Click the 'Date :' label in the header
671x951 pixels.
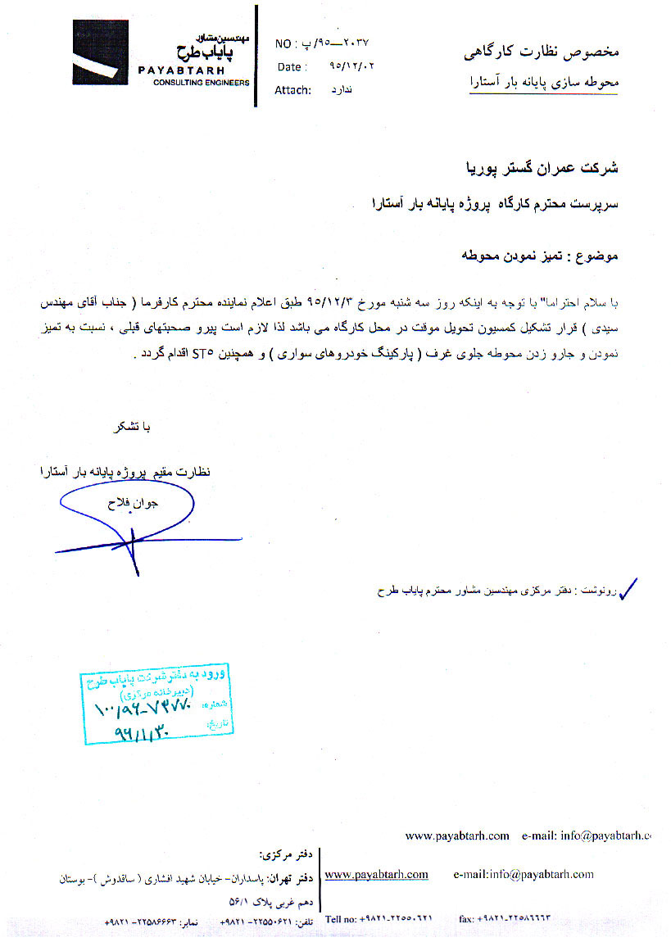[x=292, y=67]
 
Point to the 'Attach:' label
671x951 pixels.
[x=292, y=90]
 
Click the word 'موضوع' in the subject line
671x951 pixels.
[x=601, y=256]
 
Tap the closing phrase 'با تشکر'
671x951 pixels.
[x=133, y=428]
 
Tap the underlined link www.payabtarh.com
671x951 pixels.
[x=377, y=875]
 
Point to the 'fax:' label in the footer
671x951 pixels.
[x=467, y=920]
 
